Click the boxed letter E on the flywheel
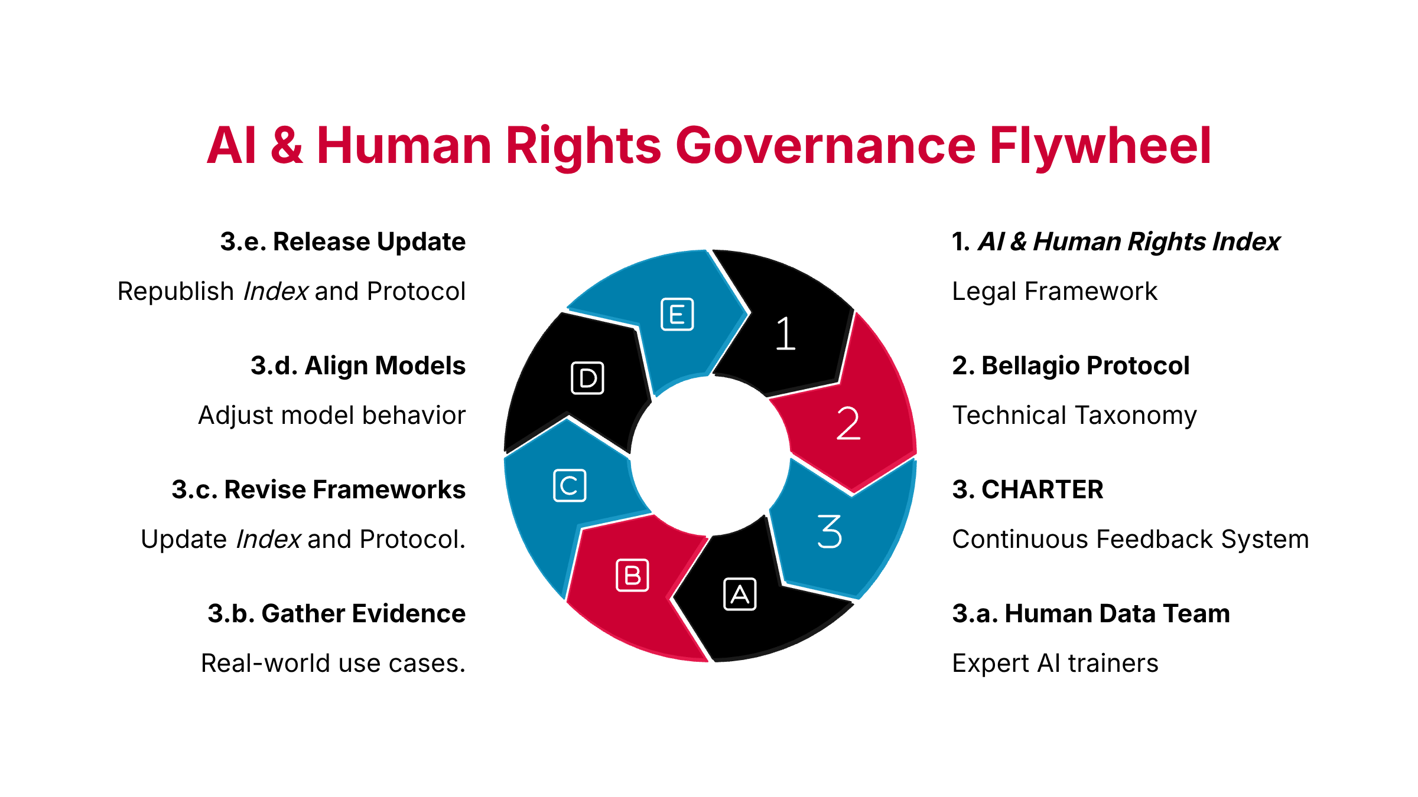(x=677, y=315)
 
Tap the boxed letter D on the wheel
(x=588, y=378)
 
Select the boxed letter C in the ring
(x=570, y=485)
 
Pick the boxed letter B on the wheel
(x=632, y=575)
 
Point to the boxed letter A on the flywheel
(x=740, y=594)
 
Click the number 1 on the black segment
(x=785, y=334)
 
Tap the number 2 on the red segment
(x=848, y=423)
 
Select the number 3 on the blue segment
(x=830, y=531)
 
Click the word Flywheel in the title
(x=1101, y=146)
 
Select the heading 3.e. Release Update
(x=343, y=241)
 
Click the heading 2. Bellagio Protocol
(x=1071, y=366)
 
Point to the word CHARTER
(x=1042, y=490)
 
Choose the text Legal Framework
(x=1055, y=292)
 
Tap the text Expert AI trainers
(x=1055, y=664)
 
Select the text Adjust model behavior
(x=332, y=416)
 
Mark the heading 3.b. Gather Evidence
(x=337, y=614)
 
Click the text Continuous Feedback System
(x=1131, y=540)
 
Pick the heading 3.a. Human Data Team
(x=1091, y=614)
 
